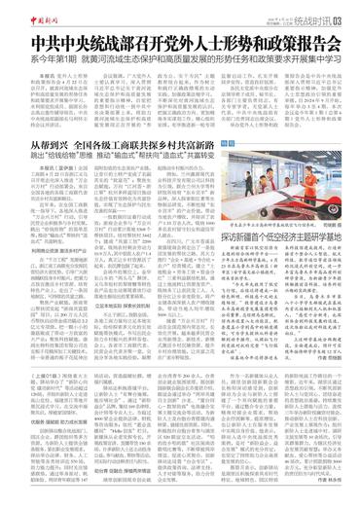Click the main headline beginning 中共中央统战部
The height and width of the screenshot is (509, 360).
coord(179,44)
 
